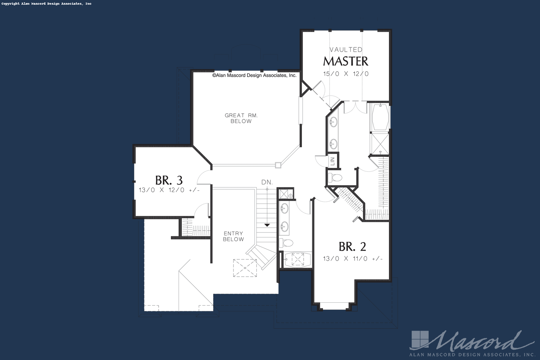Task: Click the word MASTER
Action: click(x=346, y=61)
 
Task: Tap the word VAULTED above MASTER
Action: click(x=346, y=50)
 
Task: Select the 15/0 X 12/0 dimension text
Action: click(x=346, y=74)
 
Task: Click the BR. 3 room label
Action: click(x=169, y=180)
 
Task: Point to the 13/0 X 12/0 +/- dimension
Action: click(x=169, y=190)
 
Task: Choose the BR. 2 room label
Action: click(x=352, y=246)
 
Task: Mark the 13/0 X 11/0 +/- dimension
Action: click(x=353, y=259)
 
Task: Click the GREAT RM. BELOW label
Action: click(x=241, y=118)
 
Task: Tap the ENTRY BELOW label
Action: click(x=233, y=236)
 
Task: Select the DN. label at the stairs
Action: click(x=267, y=182)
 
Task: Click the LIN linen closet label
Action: click(x=332, y=161)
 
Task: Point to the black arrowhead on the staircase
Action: click(x=267, y=225)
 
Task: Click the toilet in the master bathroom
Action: click(x=335, y=178)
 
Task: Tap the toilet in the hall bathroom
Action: click(x=286, y=243)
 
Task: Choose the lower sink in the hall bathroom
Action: click(x=284, y=226)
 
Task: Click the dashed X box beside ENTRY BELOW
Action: click(x=245, y=268)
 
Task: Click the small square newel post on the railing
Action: click(x=278, y=165)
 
